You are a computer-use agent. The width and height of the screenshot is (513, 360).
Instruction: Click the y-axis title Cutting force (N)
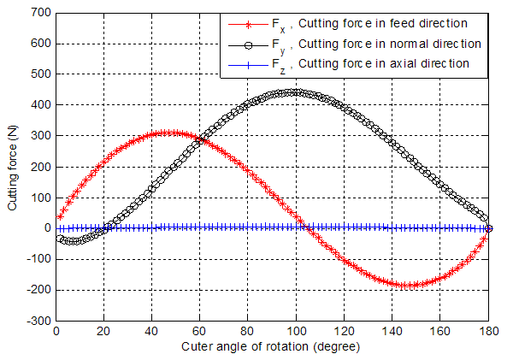coord(12,167)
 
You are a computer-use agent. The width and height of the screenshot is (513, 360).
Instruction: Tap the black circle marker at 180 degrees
coord(489,228)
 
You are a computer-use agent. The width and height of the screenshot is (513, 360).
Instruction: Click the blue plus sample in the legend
coord(239,62)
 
